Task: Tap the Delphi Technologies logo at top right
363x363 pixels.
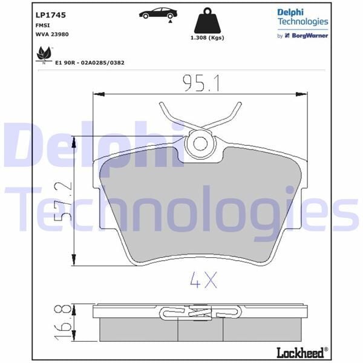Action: coord(302,16)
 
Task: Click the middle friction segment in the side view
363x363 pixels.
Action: coord(200,330)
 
